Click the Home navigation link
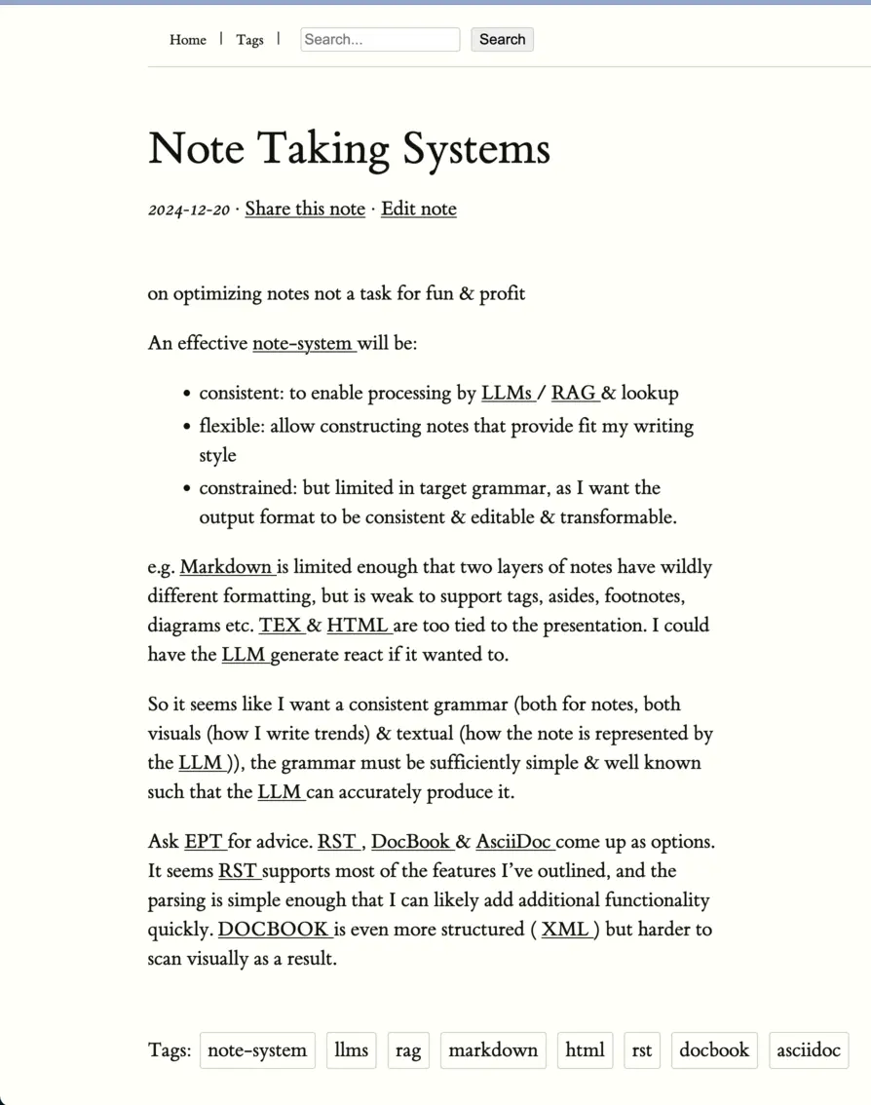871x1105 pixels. coord(187,40)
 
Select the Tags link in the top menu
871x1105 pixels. coord(249,40)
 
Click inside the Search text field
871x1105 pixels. coord(379,40)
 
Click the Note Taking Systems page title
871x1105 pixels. coord(349,149)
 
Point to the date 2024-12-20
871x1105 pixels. coord(189,210)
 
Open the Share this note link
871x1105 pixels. coord(305,209)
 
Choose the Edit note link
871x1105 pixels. coord(418,209)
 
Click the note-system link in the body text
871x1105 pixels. coord(302,343)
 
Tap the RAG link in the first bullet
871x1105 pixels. coord(573,393)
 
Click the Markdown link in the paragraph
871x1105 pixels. coord(226,566)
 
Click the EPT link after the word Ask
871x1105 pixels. coord(204,841)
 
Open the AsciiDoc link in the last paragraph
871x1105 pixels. coord(513,841)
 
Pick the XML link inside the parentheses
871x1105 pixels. coord(565,929)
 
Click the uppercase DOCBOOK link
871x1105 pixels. coord(273,929)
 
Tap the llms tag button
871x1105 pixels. coord(351,1050)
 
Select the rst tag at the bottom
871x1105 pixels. coord(641,1050)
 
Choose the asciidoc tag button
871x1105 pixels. coord(808,1050)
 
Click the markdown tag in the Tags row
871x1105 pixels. coord(493,1050)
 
